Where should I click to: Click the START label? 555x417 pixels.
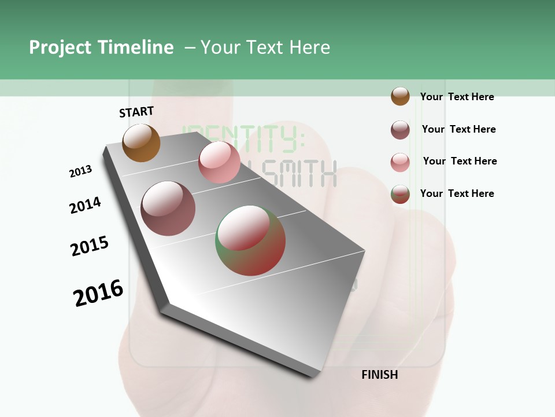(x=136, y=112)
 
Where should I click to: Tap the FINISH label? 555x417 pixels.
(x=379, y=375)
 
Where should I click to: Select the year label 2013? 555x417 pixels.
(x=80, y=171)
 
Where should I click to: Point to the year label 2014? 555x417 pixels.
(x=85, y=205)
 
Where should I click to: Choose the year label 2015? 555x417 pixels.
(x=90, y=246)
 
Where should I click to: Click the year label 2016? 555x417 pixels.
(x=98, y=293)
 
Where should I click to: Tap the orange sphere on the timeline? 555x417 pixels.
(x=141, y=142)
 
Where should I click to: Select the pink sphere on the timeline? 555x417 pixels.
(x=219, y=162)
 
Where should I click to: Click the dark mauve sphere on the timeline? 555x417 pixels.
(x=168, y=209)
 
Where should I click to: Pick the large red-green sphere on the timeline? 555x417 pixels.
(x=250, y=240)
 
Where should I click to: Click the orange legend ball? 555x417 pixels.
(x=400, y=97)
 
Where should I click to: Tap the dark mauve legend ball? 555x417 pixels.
(x=400, y=130)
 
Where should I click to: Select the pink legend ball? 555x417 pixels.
(x=400, y=162)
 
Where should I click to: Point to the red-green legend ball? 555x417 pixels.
(x=400, y=194)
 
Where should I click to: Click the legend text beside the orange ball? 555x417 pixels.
(x=457, y=97)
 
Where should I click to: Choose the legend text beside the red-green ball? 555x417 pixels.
(x=457, y=193)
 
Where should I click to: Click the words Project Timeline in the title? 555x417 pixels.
(x=101, y=47)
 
